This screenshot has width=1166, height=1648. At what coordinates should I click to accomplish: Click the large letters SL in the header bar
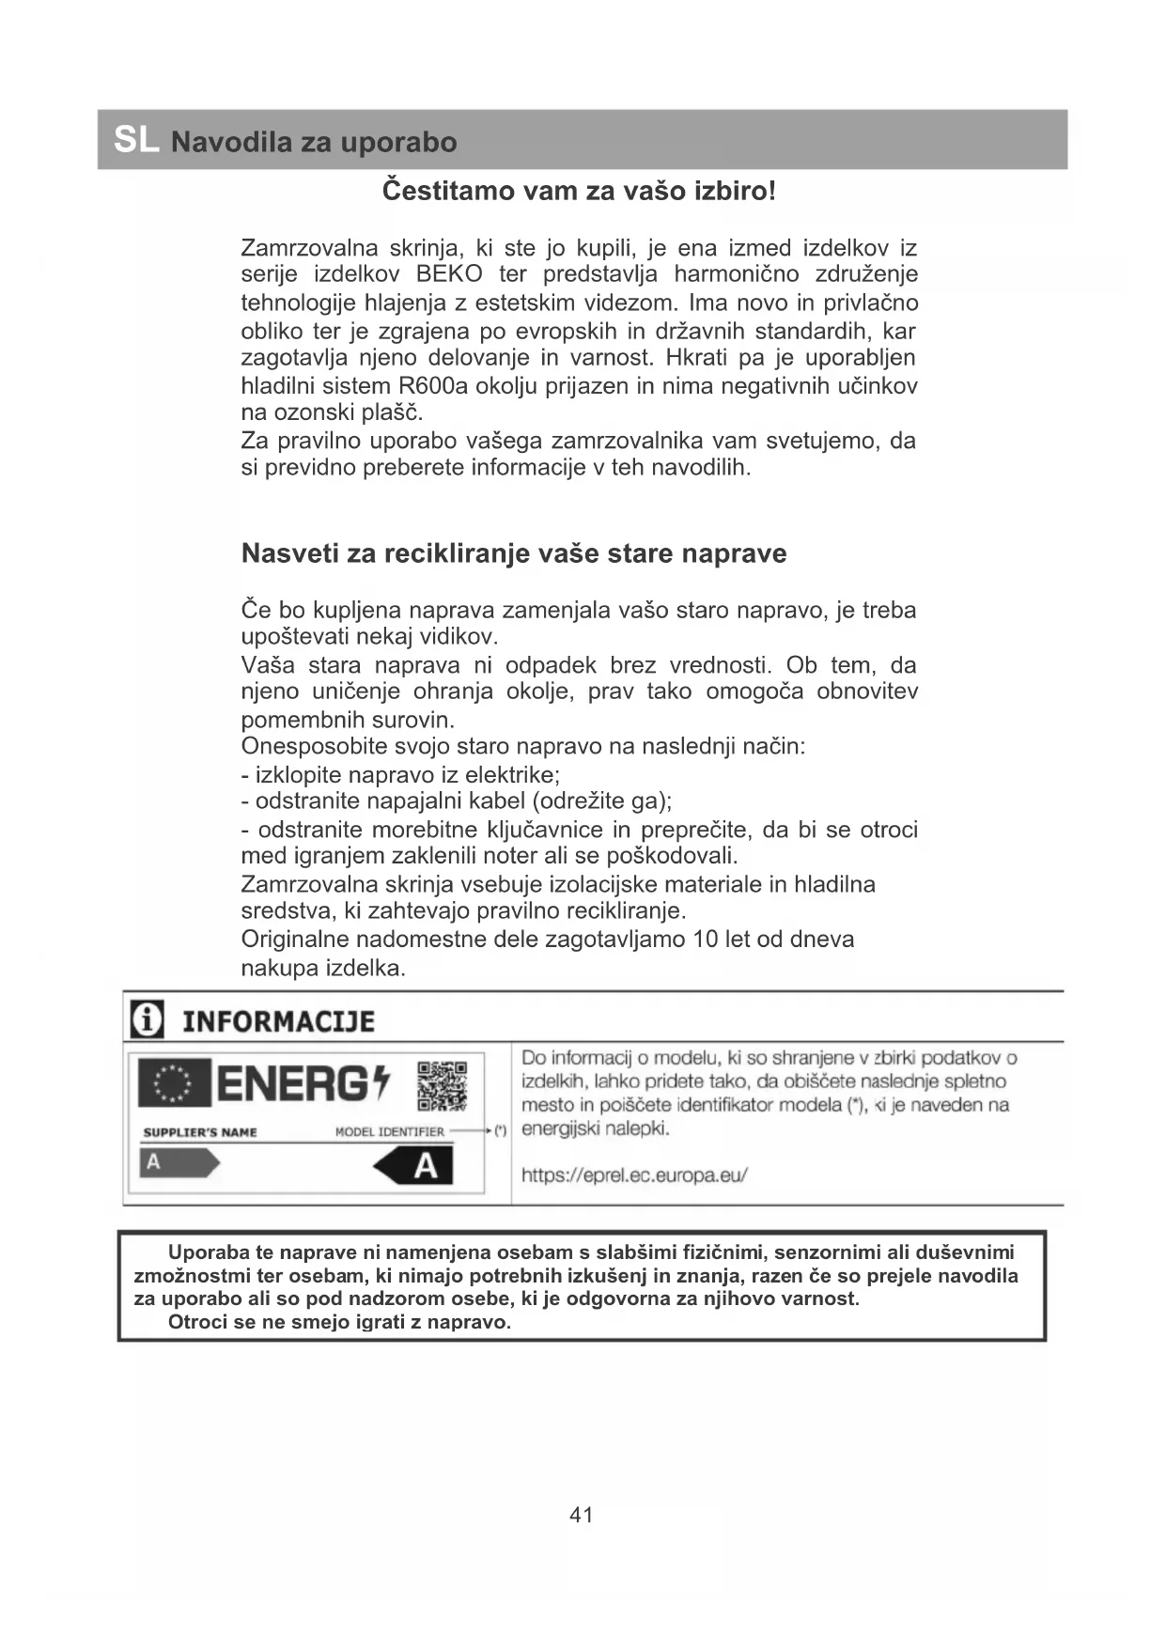(136, 140)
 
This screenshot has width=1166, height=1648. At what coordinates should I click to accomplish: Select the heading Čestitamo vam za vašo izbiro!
(579, 191)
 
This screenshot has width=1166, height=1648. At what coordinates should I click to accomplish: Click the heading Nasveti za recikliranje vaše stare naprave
(513, 553)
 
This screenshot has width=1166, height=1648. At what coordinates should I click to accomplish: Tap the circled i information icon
(147, 1019)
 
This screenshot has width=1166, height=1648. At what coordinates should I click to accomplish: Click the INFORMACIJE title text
(278, 1021)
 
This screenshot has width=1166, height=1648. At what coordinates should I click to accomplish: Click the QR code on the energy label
(442, 1086)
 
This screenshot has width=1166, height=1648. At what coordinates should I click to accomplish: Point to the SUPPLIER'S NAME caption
(200, 1132)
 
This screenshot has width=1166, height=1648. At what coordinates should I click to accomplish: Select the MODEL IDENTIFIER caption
(389, 1132)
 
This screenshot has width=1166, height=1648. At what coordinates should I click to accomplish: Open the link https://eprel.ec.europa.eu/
(634, 1175)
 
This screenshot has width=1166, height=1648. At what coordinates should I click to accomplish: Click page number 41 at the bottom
(582, 1515)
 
